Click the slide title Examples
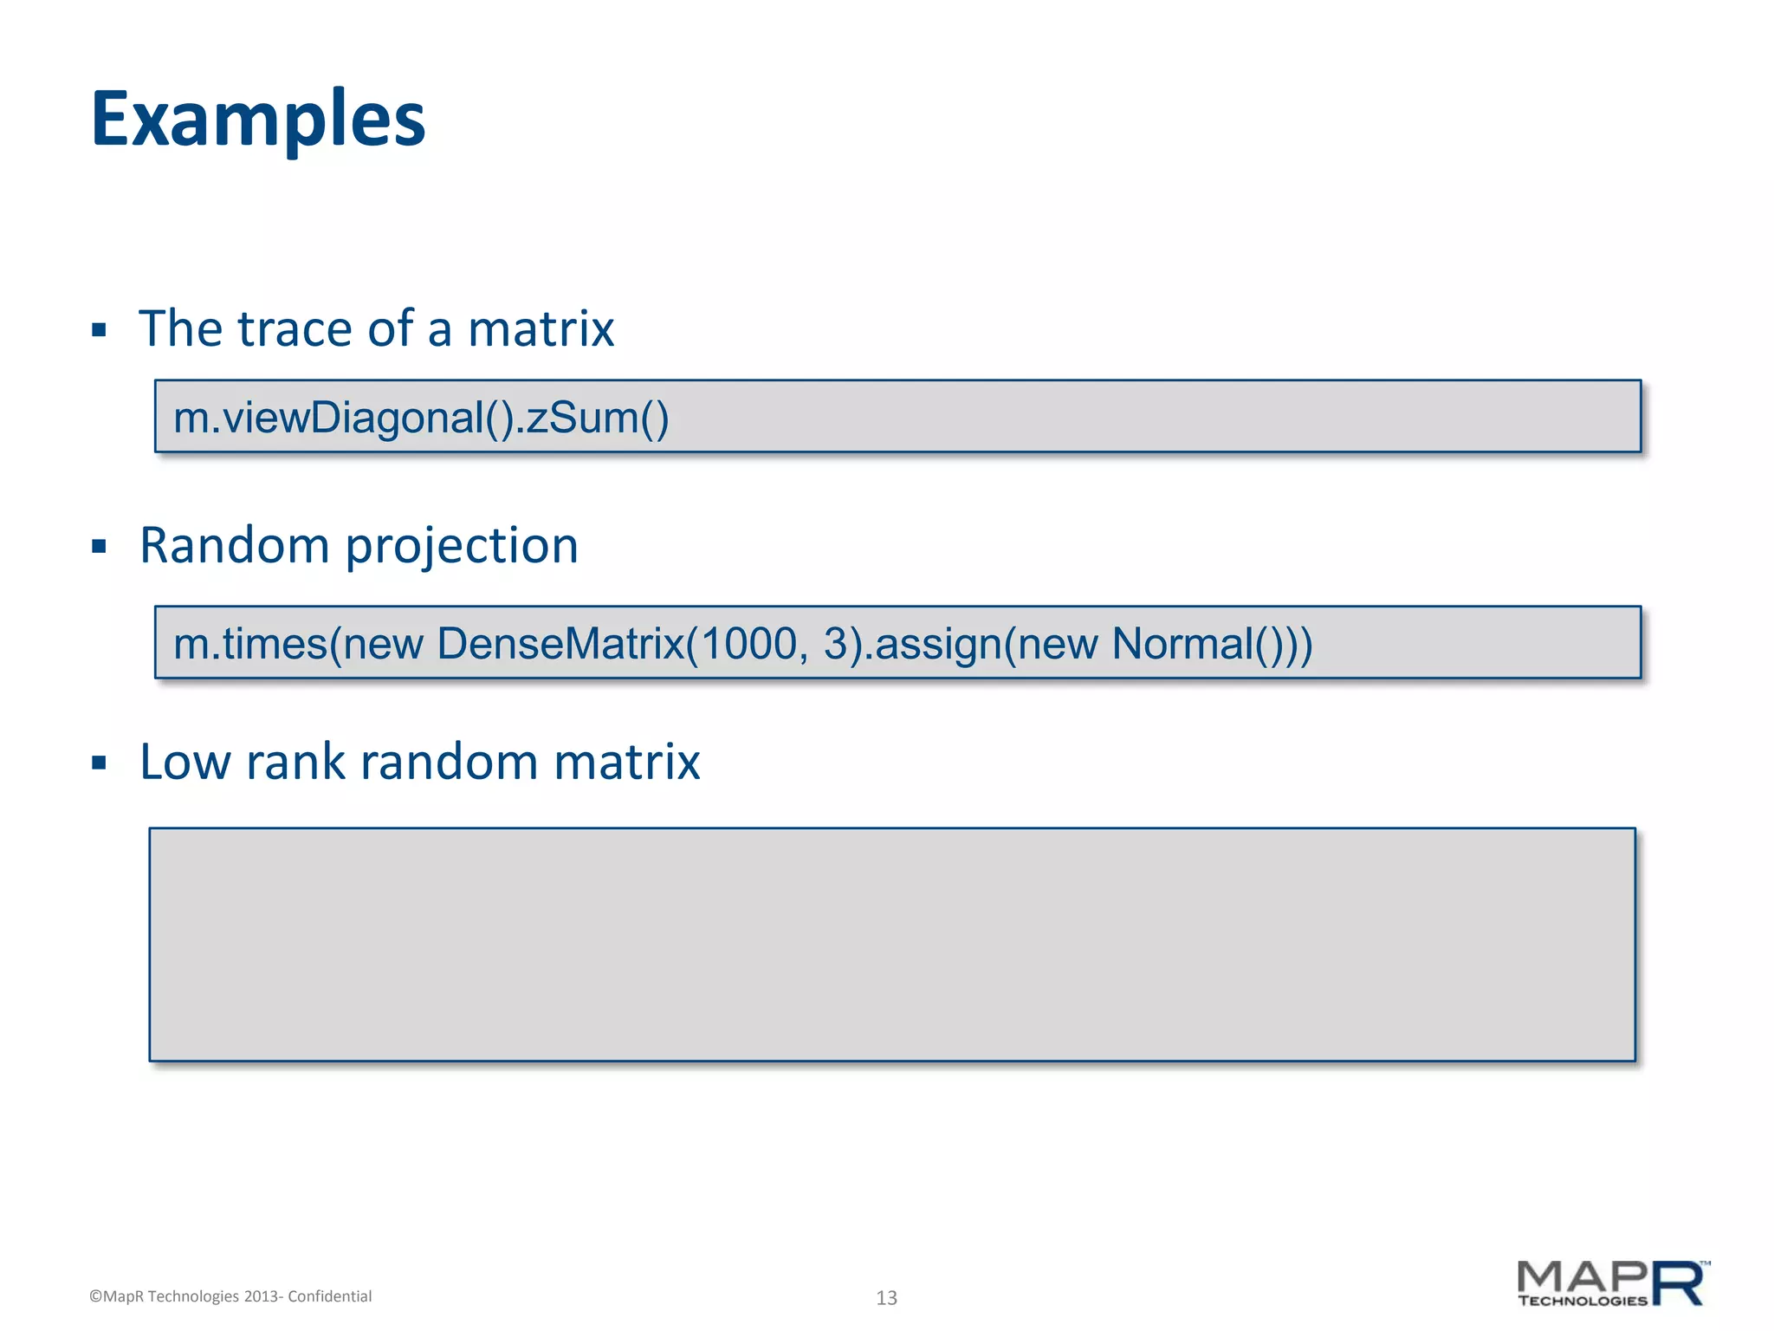258,120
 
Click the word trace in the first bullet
294,329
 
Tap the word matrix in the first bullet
541,329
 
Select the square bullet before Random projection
99,547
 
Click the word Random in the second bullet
234,547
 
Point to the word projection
462,549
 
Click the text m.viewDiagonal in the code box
327,418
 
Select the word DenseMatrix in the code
560,644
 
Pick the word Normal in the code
1182,644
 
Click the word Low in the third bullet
185,763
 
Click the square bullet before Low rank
99,763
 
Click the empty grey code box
892,945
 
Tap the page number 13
886,1297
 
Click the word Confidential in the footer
329,1296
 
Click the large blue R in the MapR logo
1679,1283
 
